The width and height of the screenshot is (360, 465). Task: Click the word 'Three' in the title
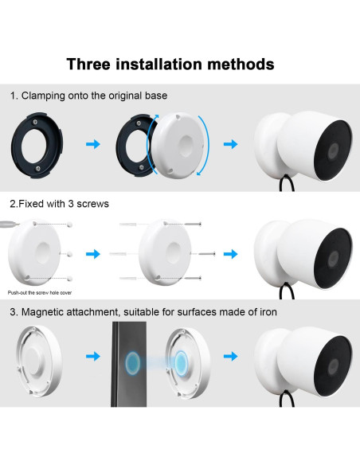pos(88,64)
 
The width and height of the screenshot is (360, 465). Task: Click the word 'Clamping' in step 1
pos(43,96)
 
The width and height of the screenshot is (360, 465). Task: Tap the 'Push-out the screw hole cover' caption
pos(40,293)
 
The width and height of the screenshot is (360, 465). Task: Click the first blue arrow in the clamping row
pos(93,144)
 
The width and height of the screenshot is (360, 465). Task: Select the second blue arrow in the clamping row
pos(231,144)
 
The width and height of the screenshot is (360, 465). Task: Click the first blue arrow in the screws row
pos(93,254)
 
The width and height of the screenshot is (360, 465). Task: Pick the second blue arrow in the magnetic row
pos(231,356)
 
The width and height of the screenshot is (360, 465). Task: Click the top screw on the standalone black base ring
pos(35,122)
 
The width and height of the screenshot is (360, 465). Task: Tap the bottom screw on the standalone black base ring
pos(37,168)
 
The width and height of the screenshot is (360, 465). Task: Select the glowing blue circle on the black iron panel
pos(132,362)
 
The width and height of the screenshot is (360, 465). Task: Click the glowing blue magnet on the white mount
pos(181,363)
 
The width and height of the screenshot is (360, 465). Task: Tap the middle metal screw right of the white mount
pos(207,254)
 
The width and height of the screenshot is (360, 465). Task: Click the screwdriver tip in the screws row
pos(18,224)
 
